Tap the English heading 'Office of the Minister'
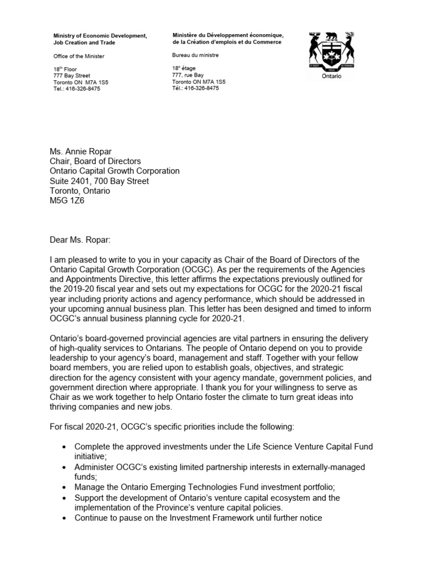tap(78, 56)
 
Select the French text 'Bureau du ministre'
tap(196, 55)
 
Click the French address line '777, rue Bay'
tap(188, 75)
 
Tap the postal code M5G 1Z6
tap(69, 201)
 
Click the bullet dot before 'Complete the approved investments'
tap(65, 446)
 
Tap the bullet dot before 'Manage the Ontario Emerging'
tap(65, 488)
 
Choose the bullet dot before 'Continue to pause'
tap(65, 519)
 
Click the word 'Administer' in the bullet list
tap(95, 467)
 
